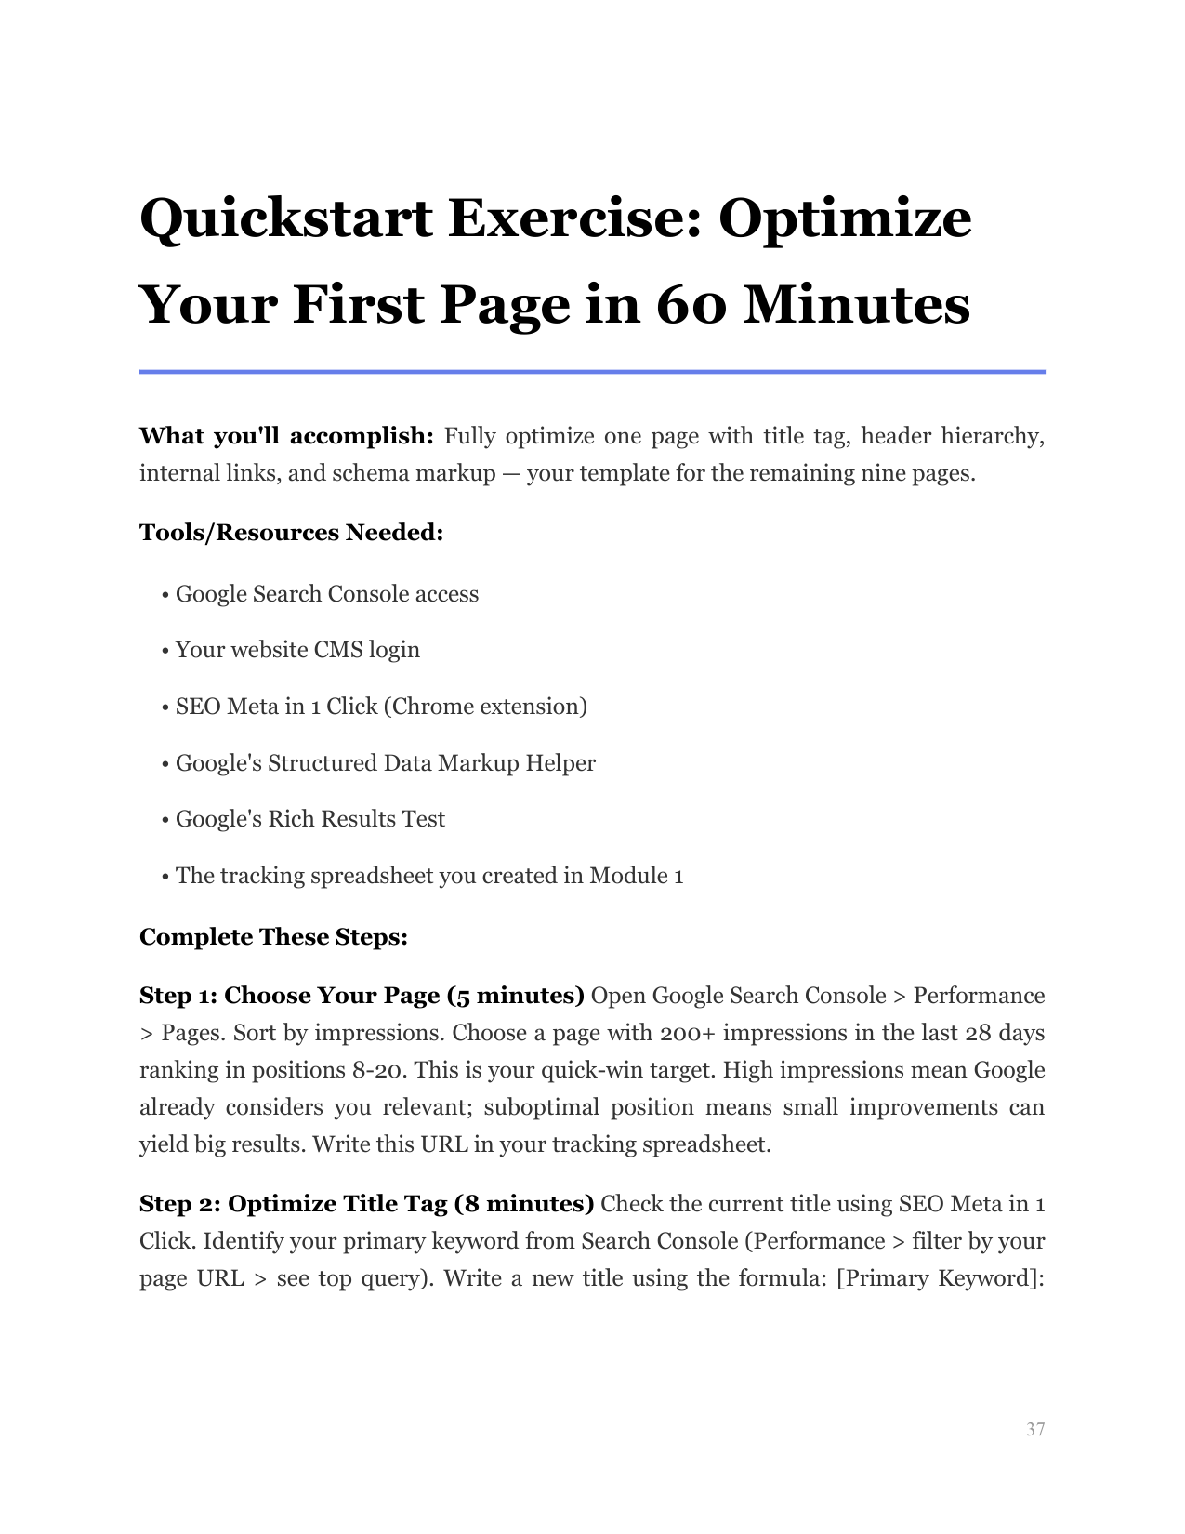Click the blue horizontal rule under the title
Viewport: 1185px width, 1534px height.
[592, 372]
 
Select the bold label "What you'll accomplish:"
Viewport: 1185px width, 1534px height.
[286, 436]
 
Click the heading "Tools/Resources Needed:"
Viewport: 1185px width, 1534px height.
[291, 533]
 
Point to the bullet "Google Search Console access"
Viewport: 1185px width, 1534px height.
[326, 594]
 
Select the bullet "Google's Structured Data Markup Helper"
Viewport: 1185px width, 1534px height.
[385, 763]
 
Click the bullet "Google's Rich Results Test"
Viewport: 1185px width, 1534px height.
[309, 819]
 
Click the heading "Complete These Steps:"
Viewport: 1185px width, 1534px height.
[273, 936]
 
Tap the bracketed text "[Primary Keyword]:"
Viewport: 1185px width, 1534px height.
[941, 1278]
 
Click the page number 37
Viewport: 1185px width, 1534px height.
[1035, 1429]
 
